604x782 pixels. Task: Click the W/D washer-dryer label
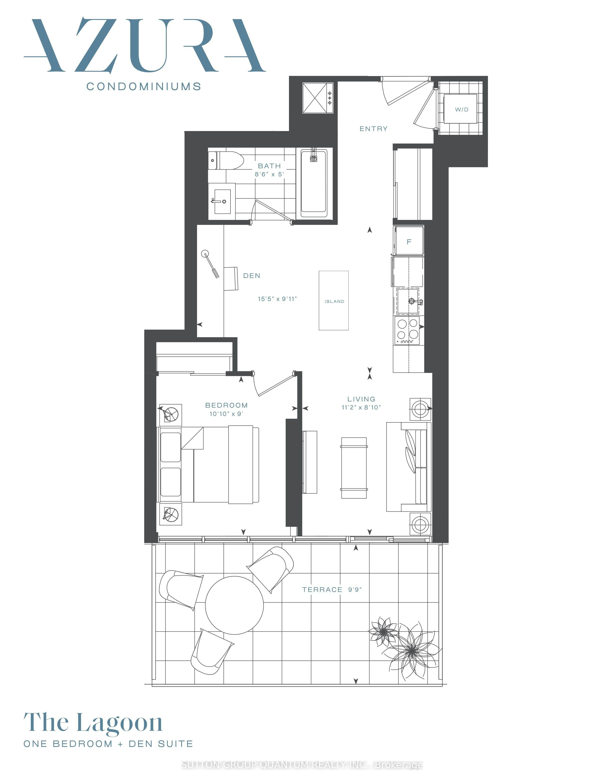tap(462, 109)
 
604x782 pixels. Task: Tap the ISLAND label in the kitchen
tap(334, 301)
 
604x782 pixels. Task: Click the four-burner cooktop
tap(407, 331)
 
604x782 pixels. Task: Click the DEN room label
tap(252, 276)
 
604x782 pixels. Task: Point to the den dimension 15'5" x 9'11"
tap(277, 299)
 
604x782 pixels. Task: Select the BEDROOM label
tap(226, 405)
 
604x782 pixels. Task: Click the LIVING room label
tap(361, 399)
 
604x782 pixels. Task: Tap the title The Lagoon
tap(93, 723)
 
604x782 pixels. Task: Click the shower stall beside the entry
tap(318, 98)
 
